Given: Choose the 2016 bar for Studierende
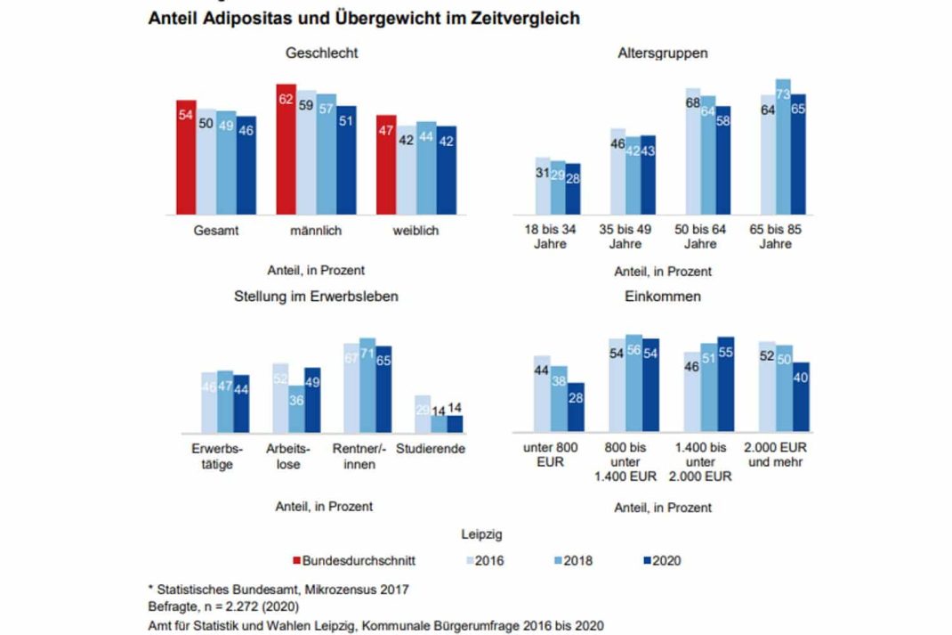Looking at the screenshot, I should point(423,413).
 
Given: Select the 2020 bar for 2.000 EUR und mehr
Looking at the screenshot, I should point(801,396).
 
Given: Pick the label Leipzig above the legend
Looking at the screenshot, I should point(481,535).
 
